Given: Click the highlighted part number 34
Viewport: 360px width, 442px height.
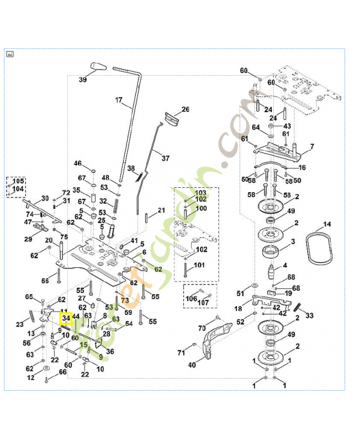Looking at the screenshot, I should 66,319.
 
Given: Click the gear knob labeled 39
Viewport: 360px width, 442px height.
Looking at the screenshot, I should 99,67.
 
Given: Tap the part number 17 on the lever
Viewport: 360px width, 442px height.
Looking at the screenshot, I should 118,101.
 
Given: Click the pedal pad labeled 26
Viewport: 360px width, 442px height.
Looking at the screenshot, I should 172,118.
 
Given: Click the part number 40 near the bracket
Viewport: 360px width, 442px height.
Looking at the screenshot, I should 192,365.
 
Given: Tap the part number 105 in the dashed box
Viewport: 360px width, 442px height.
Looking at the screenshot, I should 19,181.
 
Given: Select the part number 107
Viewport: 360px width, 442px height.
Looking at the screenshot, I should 204,303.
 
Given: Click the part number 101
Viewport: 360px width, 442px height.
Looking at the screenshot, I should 199,265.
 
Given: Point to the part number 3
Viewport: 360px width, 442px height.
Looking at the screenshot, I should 293,241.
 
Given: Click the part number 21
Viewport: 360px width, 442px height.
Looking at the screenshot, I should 161,210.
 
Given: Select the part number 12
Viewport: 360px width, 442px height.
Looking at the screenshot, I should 31,378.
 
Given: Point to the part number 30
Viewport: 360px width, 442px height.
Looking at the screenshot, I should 45,198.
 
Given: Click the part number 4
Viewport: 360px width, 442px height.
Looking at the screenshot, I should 285,265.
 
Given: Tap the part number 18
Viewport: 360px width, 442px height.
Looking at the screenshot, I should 238,309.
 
